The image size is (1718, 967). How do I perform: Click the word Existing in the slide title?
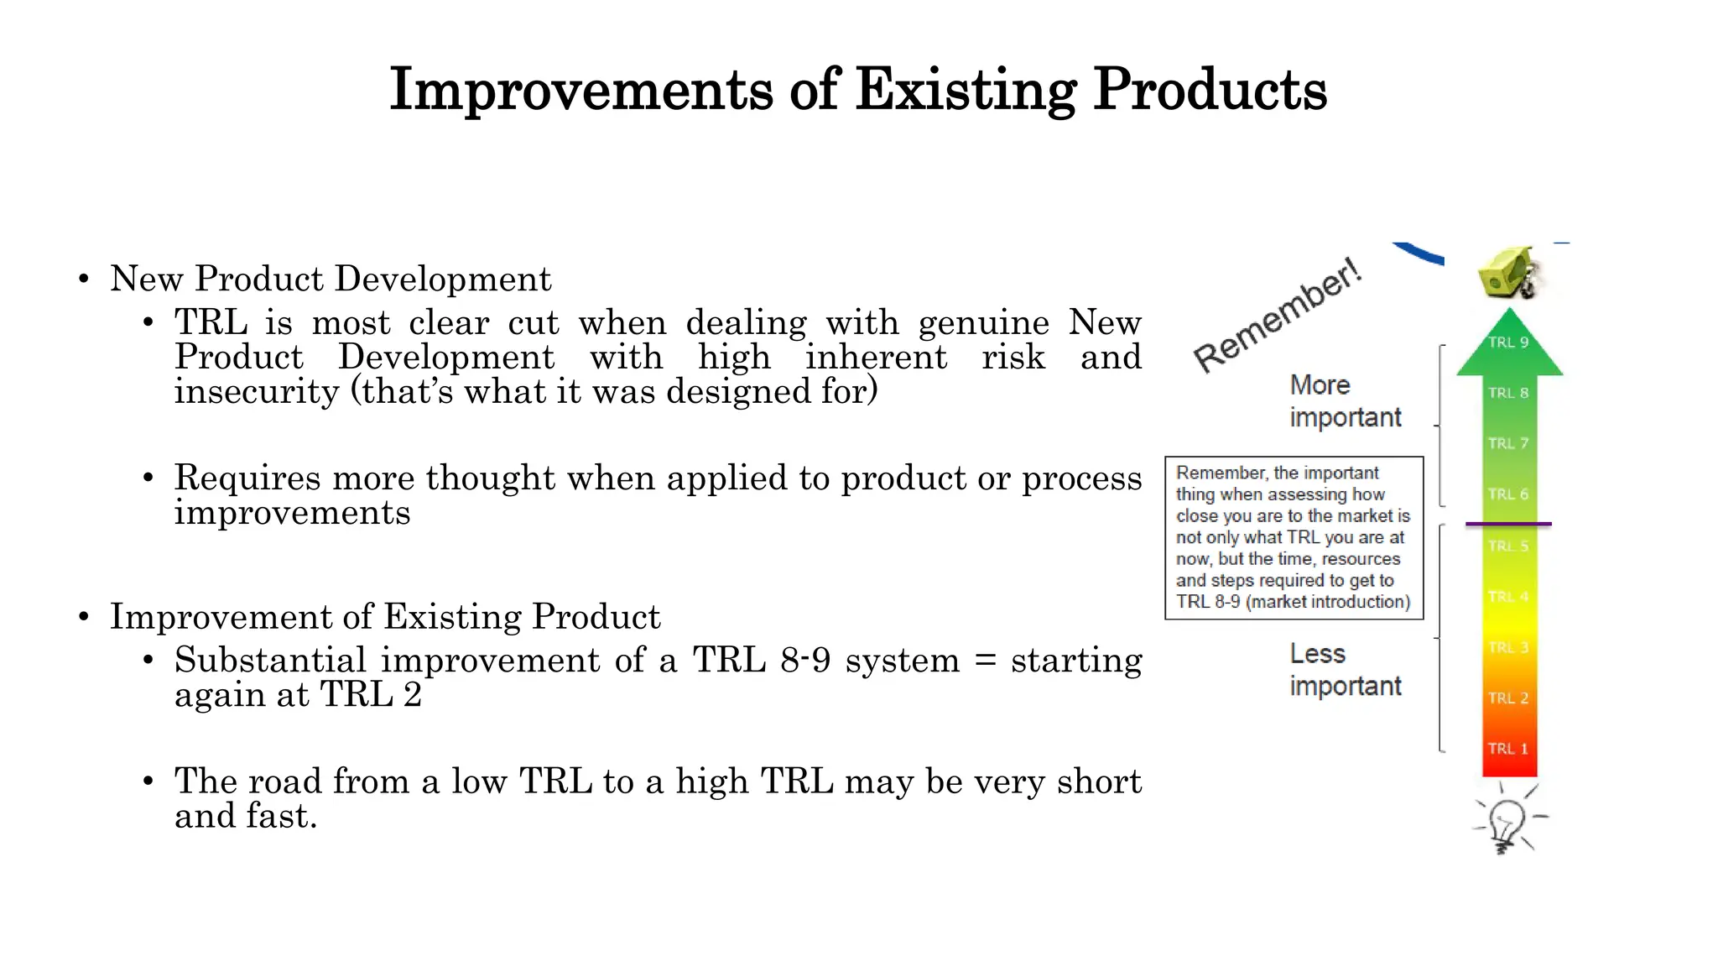[966, 89]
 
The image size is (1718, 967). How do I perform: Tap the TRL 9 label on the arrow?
[1508, 342]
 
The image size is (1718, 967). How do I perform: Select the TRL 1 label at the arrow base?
[1508, 749]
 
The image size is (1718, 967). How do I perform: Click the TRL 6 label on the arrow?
[1508, 494]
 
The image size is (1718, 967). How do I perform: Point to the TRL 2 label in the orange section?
[1508, 698]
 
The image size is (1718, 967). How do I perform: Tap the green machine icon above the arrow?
[1508, 273]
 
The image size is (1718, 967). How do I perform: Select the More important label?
[1345, 400]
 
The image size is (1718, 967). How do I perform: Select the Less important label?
[1345, 670]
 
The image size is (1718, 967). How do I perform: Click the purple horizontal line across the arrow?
[1508, 524]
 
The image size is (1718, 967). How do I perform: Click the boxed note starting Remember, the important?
[1294, 537]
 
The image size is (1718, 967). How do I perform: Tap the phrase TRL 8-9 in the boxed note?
[1208, 602]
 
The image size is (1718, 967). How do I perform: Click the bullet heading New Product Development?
[331, 279]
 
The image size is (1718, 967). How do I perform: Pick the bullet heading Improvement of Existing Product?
[385, 617]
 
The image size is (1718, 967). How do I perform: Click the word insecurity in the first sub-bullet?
[257, 392]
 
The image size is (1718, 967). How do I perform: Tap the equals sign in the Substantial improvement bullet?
[986, 661]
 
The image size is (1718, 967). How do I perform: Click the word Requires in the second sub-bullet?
[247, 478]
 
